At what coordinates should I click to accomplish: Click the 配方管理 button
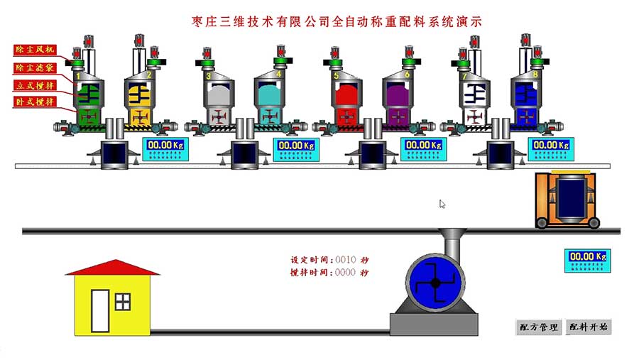538,327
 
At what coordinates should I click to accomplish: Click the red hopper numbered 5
346,96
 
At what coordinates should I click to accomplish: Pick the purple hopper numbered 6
396,96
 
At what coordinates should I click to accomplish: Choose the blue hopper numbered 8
526,96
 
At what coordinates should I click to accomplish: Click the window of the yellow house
123,301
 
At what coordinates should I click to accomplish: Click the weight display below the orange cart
589,260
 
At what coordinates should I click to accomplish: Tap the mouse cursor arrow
442,204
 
